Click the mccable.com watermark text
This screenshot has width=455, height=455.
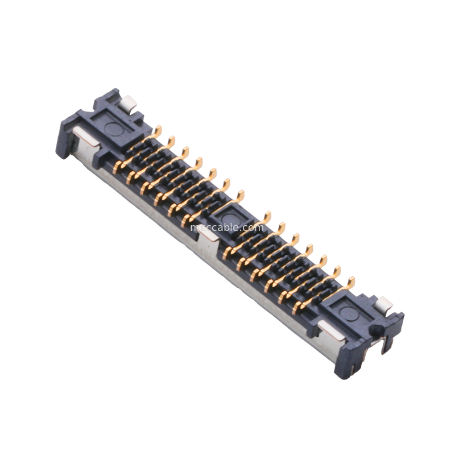click(x=227, y=227)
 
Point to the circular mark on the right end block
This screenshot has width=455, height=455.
click(x=349, y=313)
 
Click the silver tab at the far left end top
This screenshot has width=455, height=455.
click(x=128, y=104)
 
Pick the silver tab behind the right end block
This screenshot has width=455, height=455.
click(x=383, y=304)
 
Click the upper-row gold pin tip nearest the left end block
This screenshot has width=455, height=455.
click(x=158, y=131)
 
